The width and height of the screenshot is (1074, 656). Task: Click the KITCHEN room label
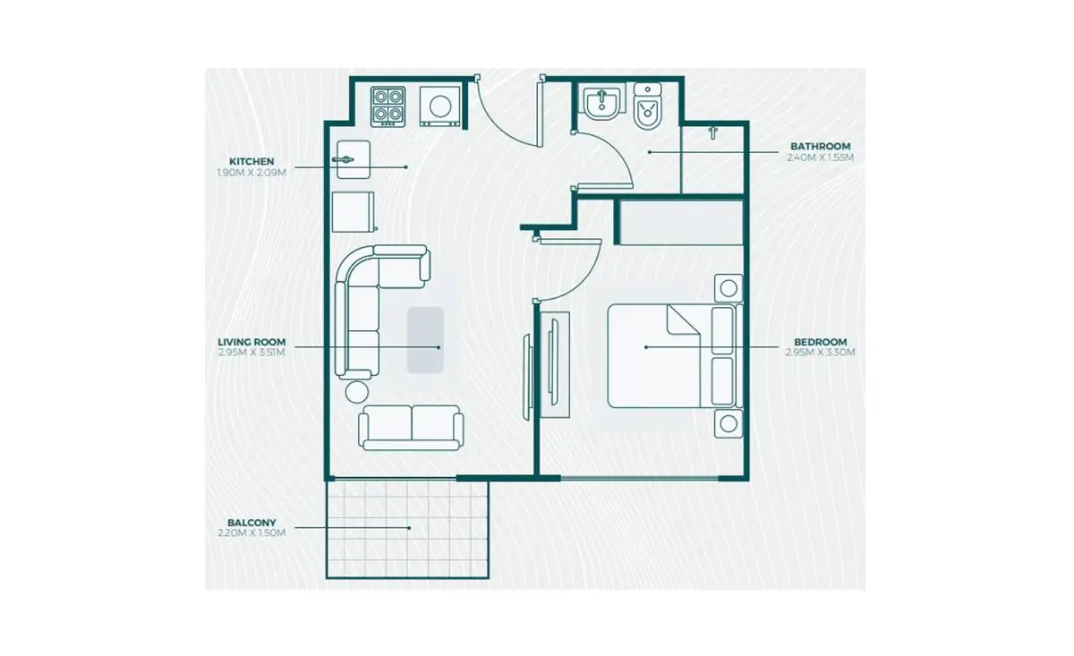(x=251, y=162)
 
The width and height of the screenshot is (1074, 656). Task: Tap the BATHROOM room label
(x=821, y=146)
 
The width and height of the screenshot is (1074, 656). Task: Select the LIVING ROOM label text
(x=251, y=343)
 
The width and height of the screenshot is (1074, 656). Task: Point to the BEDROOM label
(x=821, y=343)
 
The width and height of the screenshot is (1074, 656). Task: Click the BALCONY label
(x=251, y=523)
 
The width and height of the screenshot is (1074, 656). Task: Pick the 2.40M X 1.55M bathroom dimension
(x=821, y=158)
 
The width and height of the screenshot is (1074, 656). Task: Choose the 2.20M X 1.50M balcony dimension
(x=251, y=532)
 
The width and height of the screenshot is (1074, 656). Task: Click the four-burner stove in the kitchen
(x=388, y=106)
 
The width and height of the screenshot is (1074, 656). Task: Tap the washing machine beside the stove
(x=439, y=106)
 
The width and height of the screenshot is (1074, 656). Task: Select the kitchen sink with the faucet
(x=354, y=159)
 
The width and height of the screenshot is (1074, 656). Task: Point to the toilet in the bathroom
(x=648, y=106)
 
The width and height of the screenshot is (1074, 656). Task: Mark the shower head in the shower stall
(x=713, y=132)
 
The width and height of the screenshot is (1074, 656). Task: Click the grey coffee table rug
(x=425, y=340)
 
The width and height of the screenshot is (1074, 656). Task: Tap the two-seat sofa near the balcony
(x=411, y=428)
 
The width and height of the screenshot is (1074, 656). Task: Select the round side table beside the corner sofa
(x=357, y=392)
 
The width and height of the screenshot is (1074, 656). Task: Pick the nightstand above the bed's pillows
(x=729, y=288)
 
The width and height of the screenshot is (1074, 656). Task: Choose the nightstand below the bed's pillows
(x=729, y=424)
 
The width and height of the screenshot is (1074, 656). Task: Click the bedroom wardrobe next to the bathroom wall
(x=681, y=223)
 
